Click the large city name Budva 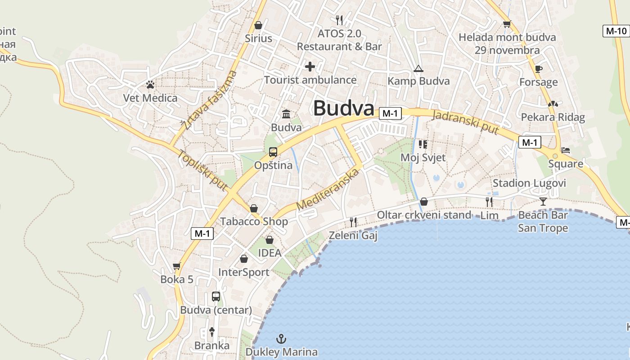click(343, 108)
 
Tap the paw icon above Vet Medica click(150, 84)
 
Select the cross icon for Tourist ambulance click(310, 67)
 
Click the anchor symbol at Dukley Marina click(281, 338)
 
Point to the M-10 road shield click(616, 31)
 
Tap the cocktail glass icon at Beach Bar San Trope click(543, 201)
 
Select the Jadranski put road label click(465, 121)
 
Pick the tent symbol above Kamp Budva click(418, 69)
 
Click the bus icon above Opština click(273, 152)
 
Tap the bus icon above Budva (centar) click(216, 297)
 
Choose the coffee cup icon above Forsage click(538, 69)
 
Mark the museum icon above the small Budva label click(286, 114)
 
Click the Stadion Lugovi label click(529, 183)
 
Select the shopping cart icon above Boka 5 click(177, 266)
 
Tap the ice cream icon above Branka click(212, 332)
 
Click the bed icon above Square click(566, 150)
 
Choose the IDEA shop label click(270, 253)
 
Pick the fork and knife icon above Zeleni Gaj click(353, 222)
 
